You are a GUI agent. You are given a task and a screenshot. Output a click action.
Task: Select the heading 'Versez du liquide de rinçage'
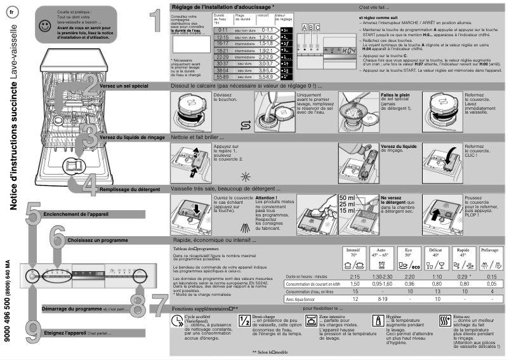coord(132,137)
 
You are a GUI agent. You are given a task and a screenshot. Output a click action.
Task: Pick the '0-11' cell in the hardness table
coord(187,30)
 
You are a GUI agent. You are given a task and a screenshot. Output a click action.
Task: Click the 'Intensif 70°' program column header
coord(355,253)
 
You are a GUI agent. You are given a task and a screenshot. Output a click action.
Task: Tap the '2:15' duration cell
coord(355,277)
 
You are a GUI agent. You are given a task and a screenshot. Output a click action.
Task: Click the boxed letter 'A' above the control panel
coord(304,28)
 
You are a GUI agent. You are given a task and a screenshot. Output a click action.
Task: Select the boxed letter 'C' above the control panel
coord(317,28)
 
